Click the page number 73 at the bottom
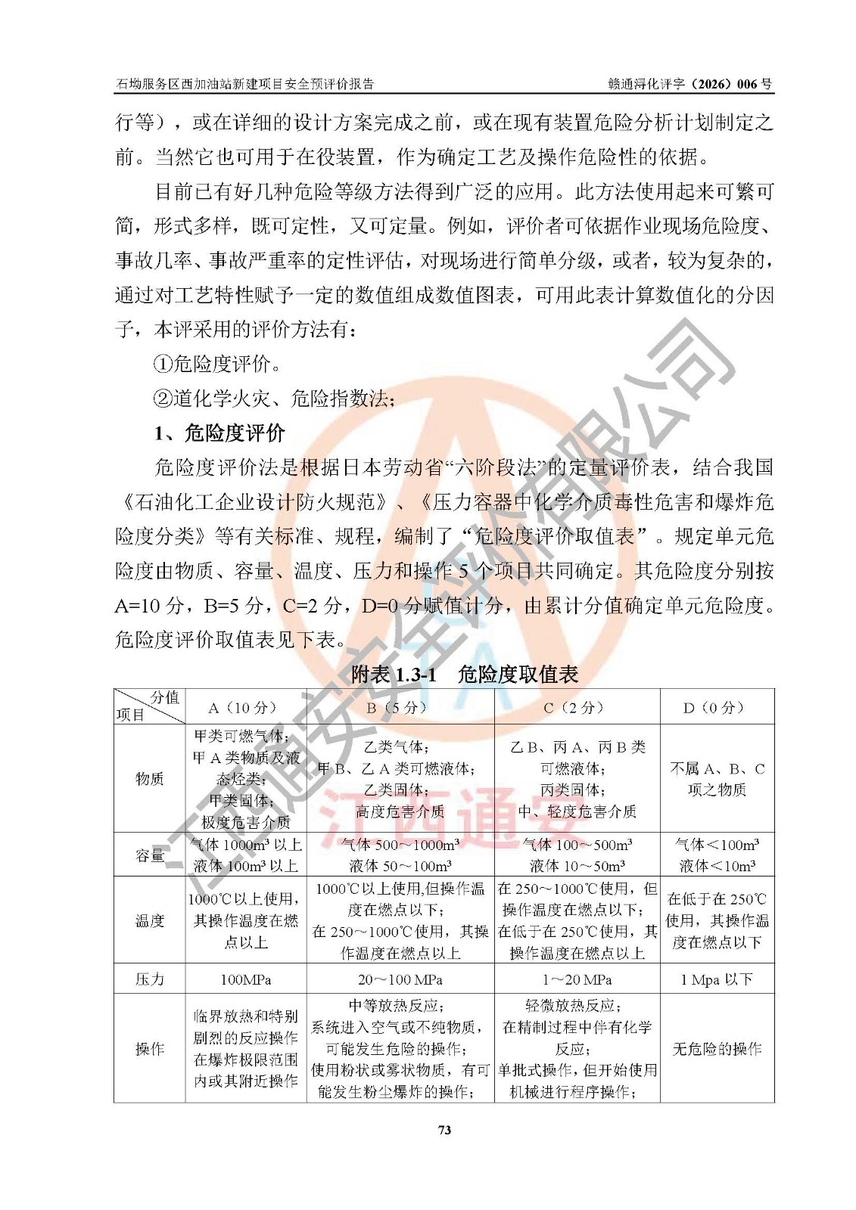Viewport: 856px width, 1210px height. [444, 1130]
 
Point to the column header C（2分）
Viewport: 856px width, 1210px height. [577, 708]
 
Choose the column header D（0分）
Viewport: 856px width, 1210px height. [717, 708]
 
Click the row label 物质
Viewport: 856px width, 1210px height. [150, 779]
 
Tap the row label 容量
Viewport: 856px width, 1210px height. [150, 855]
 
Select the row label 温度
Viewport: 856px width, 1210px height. [150, 920]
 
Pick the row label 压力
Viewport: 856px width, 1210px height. [150, 979]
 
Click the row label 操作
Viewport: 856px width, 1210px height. [150, 1049]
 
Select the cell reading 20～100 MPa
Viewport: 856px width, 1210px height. [400, 979]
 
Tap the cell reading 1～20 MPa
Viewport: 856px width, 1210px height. [577, 979]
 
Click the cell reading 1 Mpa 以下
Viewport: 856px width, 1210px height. [717, 979]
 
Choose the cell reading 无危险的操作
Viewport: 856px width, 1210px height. [717, 1049]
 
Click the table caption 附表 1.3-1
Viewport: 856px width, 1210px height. [394, 675]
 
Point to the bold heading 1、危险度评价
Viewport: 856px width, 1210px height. [219, 433]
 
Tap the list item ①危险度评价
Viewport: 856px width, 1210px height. [218, 365]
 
